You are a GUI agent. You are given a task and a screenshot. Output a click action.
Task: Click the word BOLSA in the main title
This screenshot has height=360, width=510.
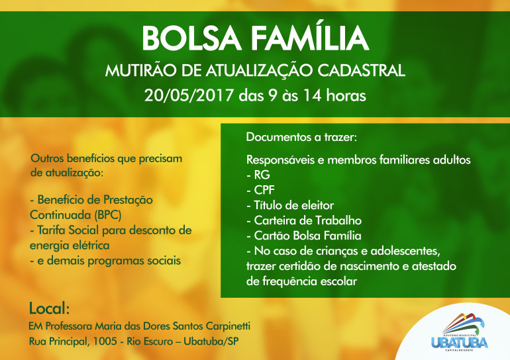point(191,38)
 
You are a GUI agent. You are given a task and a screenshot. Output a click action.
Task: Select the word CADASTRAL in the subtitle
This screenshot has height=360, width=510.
point(361,71)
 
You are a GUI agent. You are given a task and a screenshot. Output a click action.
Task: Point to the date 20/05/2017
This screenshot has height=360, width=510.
point(189,95)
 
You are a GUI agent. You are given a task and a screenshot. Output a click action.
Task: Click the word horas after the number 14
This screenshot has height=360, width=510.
point(346,95)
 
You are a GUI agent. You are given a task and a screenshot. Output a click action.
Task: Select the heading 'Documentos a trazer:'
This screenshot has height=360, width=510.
point(301,137)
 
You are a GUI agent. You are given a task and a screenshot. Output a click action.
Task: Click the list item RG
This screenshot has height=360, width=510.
point(258,175)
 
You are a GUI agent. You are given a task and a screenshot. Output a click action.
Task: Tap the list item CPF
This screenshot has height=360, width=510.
point(260,190)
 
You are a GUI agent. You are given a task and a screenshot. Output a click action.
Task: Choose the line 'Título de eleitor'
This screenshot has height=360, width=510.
point(290,205)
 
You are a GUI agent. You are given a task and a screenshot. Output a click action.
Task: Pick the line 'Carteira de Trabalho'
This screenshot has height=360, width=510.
point(304,220)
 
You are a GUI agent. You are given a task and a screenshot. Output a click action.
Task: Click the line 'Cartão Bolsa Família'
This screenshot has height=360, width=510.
point(304,236)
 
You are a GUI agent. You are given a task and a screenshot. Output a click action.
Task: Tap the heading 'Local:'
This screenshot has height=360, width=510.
point(50,308)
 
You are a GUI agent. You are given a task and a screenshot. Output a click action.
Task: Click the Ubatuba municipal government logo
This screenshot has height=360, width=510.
point(460,332)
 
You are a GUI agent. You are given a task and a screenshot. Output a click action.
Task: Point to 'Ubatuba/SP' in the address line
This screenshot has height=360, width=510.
point(211,341)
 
